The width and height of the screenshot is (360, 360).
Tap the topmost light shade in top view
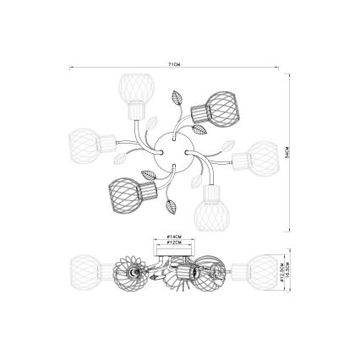click(133, 89)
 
